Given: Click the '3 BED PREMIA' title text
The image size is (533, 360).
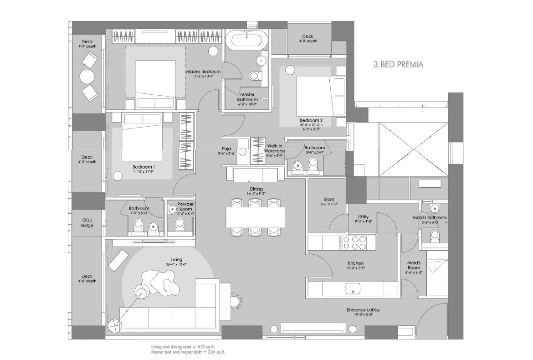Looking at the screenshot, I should pyautogui.click(x=398, y=64).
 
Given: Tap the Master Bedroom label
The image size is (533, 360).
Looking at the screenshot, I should pyautogui.click(x=203, y=72).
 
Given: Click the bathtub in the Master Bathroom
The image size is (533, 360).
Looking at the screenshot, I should pyautogui.click(x=246, y=40).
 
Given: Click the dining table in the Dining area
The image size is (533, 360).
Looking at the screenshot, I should pyautogui.click(x=255, y=217).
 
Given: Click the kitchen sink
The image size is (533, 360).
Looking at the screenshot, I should pyautogui.click(x=354, y=288).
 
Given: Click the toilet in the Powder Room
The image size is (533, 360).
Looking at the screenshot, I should pyautogui.click(x=179, y=224).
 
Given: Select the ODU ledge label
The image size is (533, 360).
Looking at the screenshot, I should pyautogui.click(x=87, y=223).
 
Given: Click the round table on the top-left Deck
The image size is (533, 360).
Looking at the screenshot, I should pyautogui.click(x=87, y=76).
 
